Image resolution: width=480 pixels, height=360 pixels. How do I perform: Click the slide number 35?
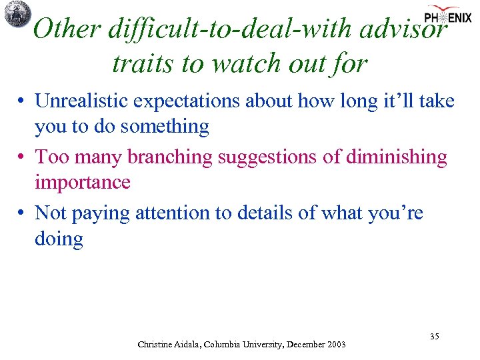434,337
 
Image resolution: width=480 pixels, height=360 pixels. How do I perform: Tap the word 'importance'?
83,182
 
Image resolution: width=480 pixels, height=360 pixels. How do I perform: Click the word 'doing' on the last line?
59,239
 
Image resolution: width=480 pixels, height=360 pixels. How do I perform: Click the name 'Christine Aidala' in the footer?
167,345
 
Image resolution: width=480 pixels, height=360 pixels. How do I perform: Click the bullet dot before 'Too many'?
22,158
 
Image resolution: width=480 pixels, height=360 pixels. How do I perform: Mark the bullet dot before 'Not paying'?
22,214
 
